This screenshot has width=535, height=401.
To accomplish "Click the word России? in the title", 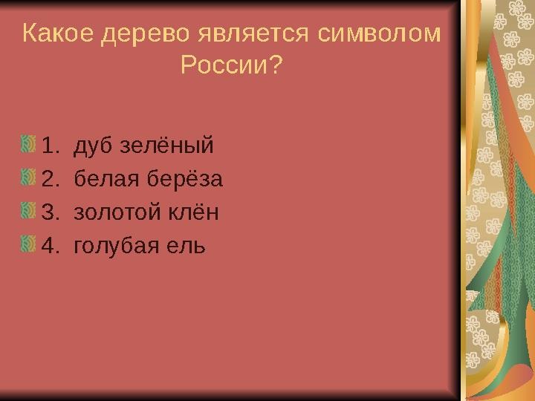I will (x=231, y=68).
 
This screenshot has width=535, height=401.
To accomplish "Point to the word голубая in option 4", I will (x=114, y=247).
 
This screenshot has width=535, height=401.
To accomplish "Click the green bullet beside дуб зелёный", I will (x=29, y=143).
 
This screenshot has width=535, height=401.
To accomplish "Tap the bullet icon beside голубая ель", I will (x=29, y=244).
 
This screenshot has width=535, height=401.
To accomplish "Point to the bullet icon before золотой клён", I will (x=29, y=211).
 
